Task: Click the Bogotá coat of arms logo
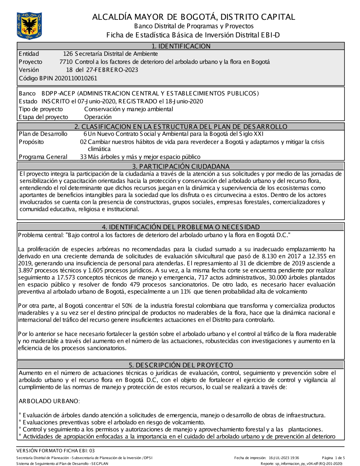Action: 29,26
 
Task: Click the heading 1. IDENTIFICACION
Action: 181,46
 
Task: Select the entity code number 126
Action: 68,54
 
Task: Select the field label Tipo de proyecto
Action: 41,109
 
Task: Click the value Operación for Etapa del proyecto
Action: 98,117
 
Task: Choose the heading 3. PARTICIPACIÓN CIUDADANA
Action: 181,166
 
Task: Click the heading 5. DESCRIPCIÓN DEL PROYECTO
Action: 181,365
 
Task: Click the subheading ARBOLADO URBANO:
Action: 49,401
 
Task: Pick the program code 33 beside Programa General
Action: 83,157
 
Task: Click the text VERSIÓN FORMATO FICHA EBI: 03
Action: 55,451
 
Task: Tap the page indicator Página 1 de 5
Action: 333,458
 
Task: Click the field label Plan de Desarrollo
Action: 43,134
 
